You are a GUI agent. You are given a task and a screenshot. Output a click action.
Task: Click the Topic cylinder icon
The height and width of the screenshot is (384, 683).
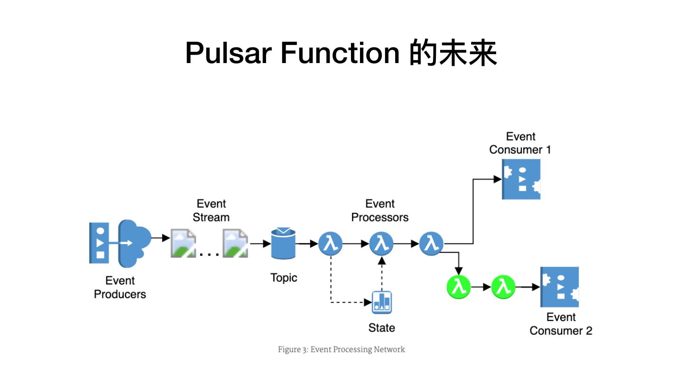point(283,243)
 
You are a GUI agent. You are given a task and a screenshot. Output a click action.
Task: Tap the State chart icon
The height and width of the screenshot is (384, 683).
point(382,302)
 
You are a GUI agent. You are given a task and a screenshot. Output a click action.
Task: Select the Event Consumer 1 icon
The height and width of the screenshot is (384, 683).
point(521,179)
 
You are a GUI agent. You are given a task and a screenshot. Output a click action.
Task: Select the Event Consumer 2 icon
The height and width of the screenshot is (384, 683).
point(560,287)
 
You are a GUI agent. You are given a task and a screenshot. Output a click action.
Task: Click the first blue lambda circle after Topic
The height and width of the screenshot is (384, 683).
point(330,244)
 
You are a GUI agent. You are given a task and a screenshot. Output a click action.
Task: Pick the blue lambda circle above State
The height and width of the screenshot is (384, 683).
point(381,244)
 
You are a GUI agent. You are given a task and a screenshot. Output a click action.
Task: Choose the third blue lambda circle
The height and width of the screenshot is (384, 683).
point(431,244)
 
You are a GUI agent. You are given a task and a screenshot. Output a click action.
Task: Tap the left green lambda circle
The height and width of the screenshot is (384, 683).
point(459,287)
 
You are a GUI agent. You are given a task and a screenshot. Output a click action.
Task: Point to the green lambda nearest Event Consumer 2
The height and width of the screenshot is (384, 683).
point(503,287)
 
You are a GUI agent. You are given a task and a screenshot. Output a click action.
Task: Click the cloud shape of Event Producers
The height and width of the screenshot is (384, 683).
point(135,242)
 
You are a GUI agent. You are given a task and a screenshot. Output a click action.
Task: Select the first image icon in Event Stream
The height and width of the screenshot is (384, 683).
point(183,243)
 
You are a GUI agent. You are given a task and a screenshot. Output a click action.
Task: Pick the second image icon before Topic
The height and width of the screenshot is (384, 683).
point(235,243)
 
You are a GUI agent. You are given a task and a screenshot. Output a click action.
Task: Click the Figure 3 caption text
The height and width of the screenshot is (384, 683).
point(341,350)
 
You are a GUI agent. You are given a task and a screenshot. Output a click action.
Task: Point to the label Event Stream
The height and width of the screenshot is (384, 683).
point(211,210)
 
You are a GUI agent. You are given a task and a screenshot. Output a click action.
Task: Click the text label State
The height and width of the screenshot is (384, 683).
point(381,328)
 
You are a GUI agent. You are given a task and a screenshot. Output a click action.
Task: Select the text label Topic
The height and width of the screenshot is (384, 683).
point(284,278)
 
